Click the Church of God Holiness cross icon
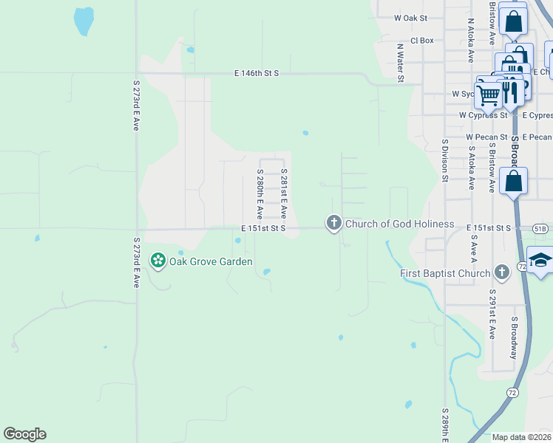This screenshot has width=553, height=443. (334, 222)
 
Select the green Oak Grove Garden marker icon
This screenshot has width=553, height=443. (157, 260)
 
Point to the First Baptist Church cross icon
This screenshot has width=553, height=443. (502, 272)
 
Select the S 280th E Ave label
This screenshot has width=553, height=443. (260, 194)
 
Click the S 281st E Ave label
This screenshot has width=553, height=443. (283, 192)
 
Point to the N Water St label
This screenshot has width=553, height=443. (400, 58)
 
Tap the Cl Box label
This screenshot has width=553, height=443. (421, 41)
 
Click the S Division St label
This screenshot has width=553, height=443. (445, 160)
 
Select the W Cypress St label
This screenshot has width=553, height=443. (484, 115)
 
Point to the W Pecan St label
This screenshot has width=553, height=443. (486, 137)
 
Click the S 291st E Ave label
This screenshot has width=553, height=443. (491, 314)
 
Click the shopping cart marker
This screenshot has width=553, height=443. (488, 94)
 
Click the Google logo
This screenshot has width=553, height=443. (24, 434)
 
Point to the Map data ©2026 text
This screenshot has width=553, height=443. (520, 437)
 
